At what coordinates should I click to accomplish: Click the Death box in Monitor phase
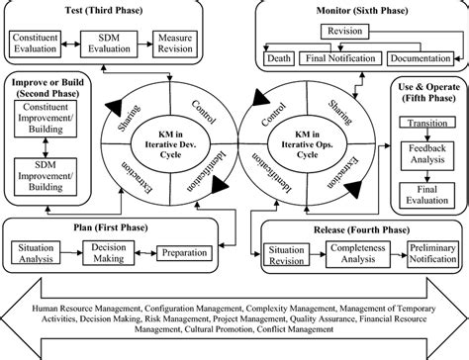click(x=280, y=57)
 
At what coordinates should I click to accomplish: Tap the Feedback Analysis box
click(x=425, y=158)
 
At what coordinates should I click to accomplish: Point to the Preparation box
click(x=184, y=252)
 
